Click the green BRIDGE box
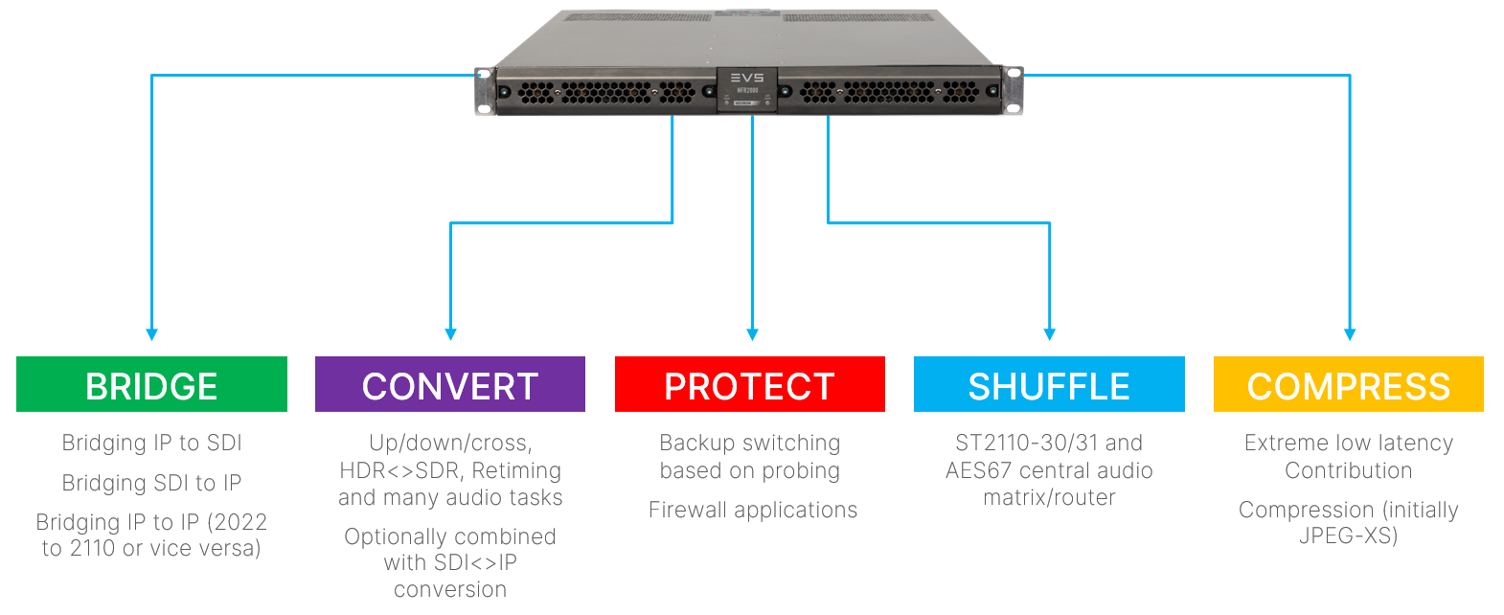pos(151,385)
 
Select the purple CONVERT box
pos(450,385)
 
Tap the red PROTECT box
pos(749,385)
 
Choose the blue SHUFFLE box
pos(1049,385)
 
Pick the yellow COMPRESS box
pos(1348,385)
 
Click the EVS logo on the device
pos(747,78)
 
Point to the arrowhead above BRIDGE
pos(151,333)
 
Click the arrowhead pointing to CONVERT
pos(450,333)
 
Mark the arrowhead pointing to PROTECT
pos(752,333)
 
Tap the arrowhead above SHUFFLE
pos(1049,333)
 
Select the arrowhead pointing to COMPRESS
pos(1349,333)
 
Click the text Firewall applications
pos(753,510)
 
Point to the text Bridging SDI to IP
pos(151,483)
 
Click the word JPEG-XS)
pos(1348,535)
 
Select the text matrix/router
pos(1049,497)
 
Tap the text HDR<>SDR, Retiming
pos(450,470)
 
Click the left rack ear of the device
pos(486,91)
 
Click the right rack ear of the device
pos(1013,91)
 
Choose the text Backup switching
pos(749,443)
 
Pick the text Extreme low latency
pos(1348,443)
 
